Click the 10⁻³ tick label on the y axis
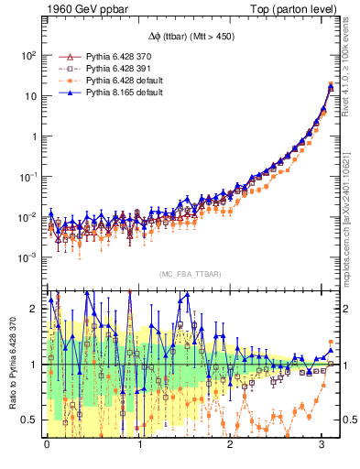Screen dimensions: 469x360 click(x=27, y=258)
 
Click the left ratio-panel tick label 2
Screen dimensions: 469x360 click(x=33, y=309)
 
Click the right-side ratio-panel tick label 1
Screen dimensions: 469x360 click(x=350, y=365)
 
